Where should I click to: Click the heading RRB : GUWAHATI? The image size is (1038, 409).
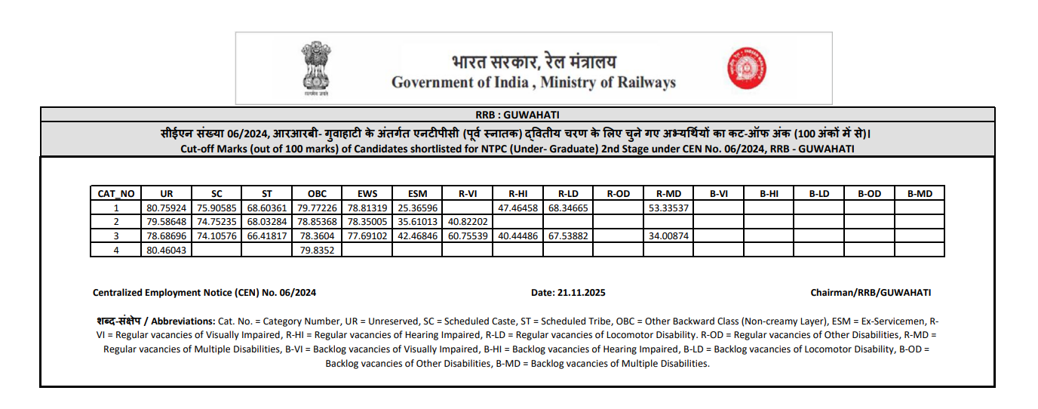(x=517, y=115)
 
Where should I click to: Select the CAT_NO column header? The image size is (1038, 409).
(x=116, y=194)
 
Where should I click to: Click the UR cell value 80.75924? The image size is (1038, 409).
(x=167, y=208)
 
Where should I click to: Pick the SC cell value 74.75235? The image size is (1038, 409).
(x=217, y=222)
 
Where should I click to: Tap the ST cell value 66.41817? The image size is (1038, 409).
(x=267, y=235)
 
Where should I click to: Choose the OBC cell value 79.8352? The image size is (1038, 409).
(x=317, y=250)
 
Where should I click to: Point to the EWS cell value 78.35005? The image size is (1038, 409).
(x=367, y=222)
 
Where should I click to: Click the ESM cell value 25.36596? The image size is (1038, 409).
(x=417, y=208)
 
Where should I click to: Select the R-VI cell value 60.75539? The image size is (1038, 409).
(x=468, y=235)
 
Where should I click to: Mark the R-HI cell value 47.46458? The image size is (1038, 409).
(x=518, y=208)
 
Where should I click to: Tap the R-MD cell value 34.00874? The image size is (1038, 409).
(x=668, y=235)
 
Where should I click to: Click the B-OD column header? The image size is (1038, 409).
(x=869, y=194)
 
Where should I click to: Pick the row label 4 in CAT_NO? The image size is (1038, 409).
(x=116, y=250)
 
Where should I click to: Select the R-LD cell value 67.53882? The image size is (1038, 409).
(x=568, y=235)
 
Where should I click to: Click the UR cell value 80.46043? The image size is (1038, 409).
(x=167, y=250)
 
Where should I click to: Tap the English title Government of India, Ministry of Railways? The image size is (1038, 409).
(x=533, y=82)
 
